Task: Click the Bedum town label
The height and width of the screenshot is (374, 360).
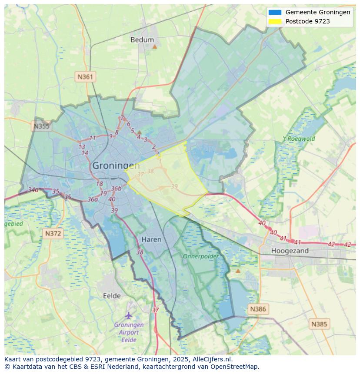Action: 142,40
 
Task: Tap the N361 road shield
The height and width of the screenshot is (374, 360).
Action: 85,77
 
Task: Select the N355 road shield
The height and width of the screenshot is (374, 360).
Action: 41,126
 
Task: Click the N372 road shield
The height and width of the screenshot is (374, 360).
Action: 53,234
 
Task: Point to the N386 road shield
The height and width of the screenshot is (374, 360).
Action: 257,309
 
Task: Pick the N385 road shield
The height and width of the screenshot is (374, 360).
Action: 319,324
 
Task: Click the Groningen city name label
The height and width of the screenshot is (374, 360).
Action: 116,165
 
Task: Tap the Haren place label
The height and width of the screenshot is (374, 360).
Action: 151,239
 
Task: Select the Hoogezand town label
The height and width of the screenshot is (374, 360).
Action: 290,251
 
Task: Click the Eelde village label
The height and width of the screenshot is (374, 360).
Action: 112,296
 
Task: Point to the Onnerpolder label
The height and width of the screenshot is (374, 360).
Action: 200,256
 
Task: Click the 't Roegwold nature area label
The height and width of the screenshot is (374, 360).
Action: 299,139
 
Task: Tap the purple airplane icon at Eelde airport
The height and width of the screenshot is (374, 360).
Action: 128,315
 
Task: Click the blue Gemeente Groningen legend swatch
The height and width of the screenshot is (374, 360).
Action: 275,13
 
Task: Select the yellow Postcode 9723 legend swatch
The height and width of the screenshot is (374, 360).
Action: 275,21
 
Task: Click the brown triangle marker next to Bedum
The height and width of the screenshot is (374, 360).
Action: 154,46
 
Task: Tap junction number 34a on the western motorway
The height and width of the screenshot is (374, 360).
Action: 33,190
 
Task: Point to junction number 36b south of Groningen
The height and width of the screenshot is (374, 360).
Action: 116,189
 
